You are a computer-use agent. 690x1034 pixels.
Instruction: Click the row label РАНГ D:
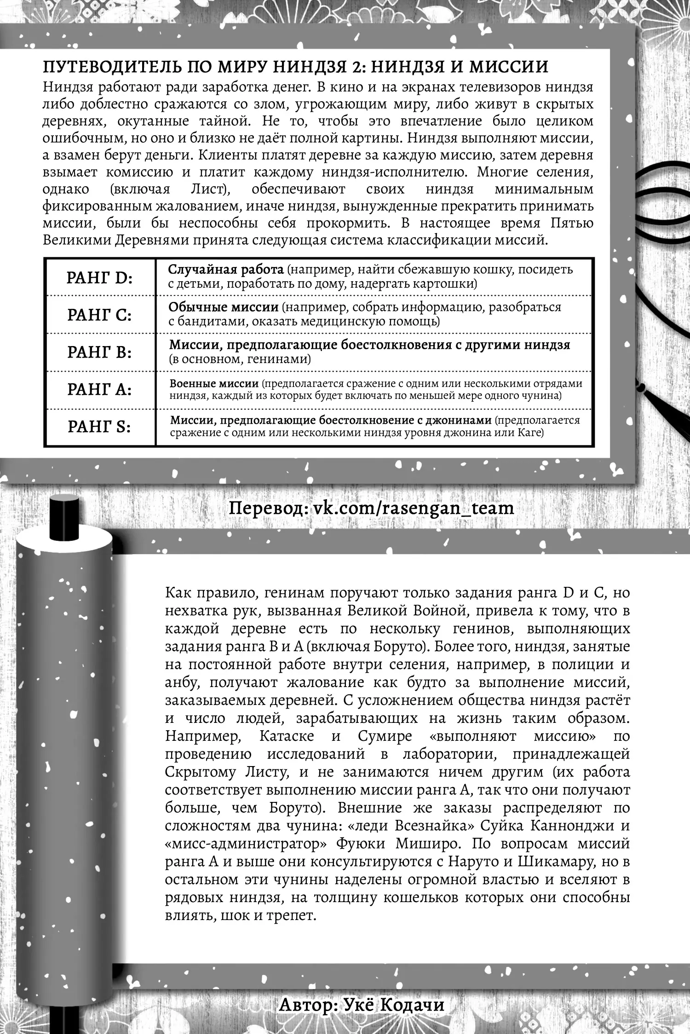point(99,278)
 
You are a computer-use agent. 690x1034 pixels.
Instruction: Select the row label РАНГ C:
point(99,315)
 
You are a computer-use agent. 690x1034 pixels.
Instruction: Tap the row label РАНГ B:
point(99,352)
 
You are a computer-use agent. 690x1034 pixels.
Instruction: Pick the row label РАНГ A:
point(99,390)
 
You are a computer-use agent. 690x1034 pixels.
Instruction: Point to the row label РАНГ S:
point(99,427)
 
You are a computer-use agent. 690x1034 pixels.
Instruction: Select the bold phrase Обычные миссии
point(224,307)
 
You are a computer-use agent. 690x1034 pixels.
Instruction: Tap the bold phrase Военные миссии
point(214,384)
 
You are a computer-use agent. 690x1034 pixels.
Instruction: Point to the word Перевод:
point(268,508)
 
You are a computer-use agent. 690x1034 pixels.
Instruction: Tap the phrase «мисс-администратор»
point(239,844)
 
